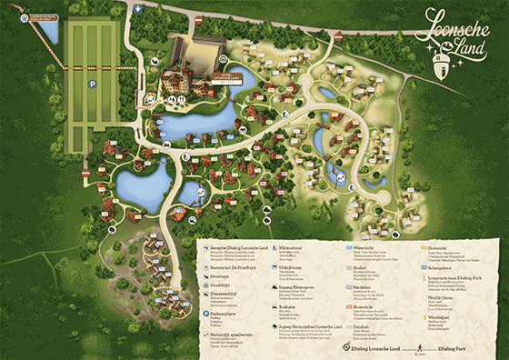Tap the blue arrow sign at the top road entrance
tap(136, 8)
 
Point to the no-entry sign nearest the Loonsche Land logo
tap(338, 37)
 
